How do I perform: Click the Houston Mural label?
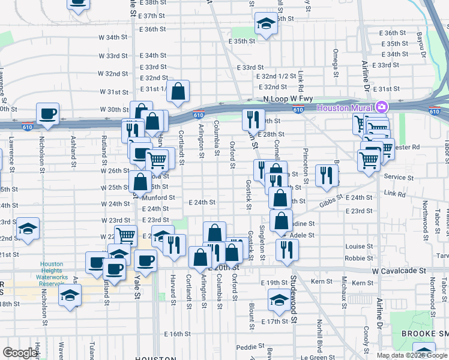click(345, 108)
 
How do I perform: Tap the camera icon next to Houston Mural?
click(381, 108)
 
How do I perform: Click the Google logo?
click(20, 353)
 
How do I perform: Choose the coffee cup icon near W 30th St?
click(47, 113)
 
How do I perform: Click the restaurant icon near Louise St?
click(288, 248)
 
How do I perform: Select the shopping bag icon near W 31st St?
click(178, 91)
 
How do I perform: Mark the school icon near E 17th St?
click(278, 300)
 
